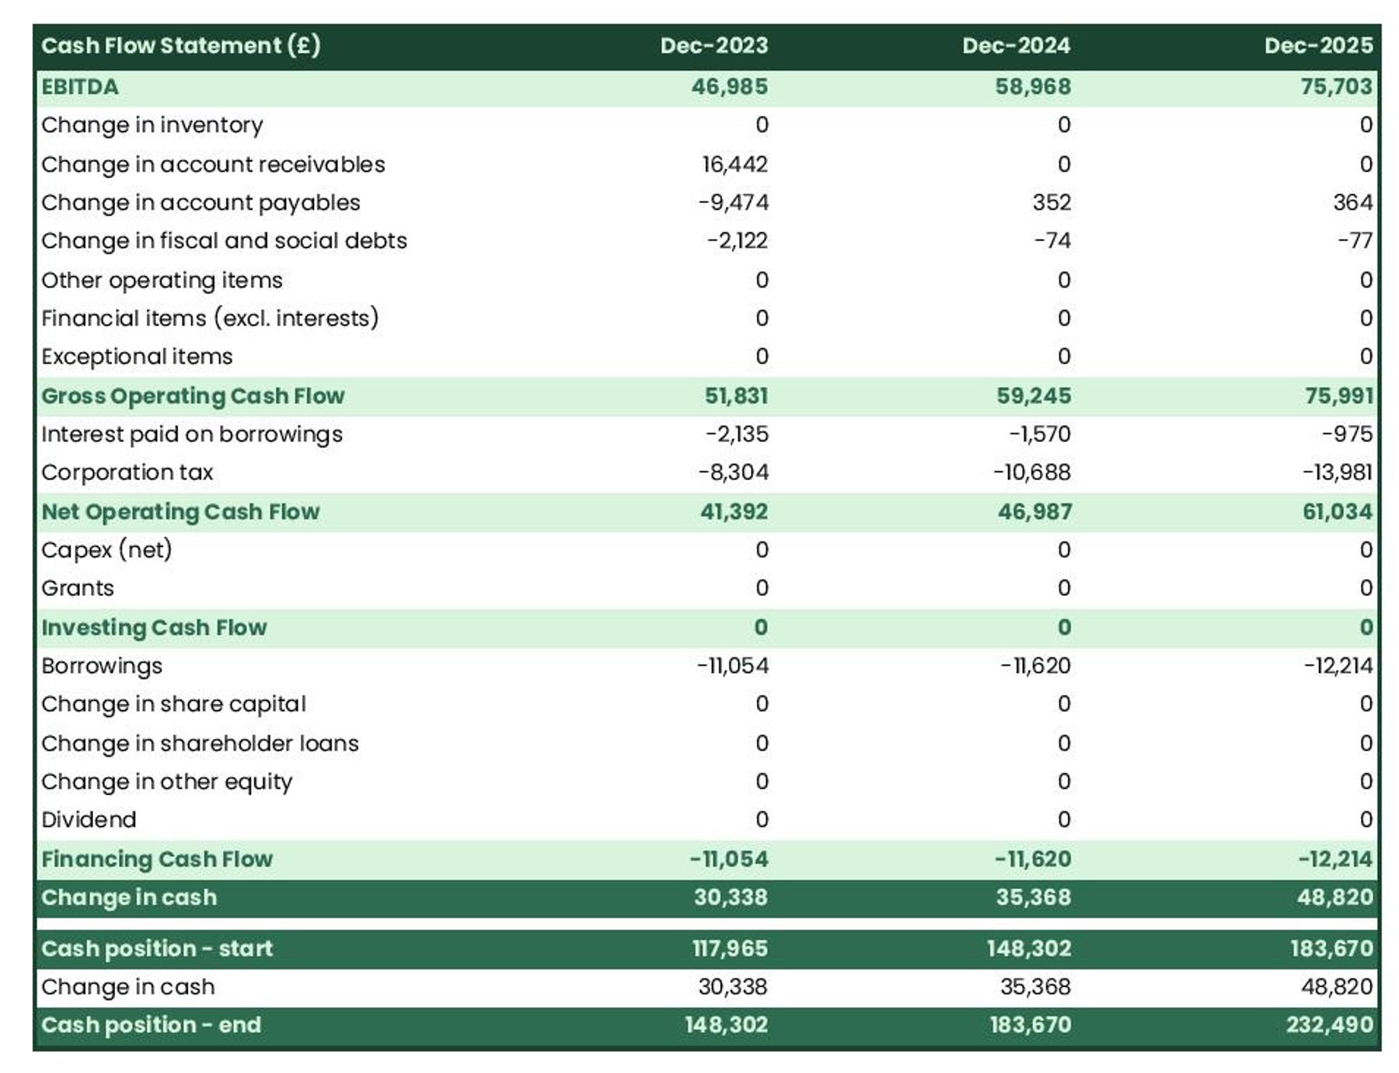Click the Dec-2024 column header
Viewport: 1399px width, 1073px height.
pyautogui.click(x=1015, y=46)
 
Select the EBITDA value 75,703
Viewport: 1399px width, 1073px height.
pyautogui.click(x=1336, y=86)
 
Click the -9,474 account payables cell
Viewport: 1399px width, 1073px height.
pyautogui.click(x=732, y=203)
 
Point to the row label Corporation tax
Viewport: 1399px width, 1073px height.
pyautogui.click(x=127, y=472)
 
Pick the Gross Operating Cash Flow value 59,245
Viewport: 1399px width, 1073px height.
pyautogui.click(x=1033, y=396)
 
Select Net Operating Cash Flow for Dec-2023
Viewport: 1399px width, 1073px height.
pyautogui.click(x=733, y=512)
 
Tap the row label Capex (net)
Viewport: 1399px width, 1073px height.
pyautogui.click(x=106, y=550)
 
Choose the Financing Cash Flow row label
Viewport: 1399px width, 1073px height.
pyautogui.click(x=157, y=859)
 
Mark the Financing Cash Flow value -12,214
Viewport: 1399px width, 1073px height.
pyautogui.click(x=1334, y=859)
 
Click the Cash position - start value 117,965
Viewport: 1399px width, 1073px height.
pyautogui.click(x=729, y=949)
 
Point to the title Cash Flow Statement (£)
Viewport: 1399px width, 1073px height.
pyautogui.click(x=180, y=46)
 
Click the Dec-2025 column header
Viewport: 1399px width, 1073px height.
pyautogui.click(x=1317, y=46)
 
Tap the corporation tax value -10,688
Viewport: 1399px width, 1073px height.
pyautogui.click(x=1031, y=472)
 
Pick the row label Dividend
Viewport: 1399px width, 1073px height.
pyautogui.click(x=89, y=820)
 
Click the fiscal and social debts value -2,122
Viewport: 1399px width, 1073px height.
pyautogui.click(x=736, y=241)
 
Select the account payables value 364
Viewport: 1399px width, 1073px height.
pyautogui.click(x=1352, y=203)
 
